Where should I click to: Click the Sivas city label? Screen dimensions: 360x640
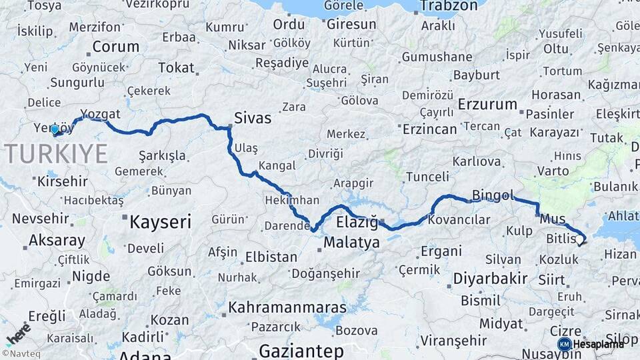click(253, 119)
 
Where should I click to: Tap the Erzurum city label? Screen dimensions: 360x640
click(487, 105)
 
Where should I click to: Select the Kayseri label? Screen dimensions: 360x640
click(160, 221)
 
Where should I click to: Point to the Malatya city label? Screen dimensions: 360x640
click(351, 242)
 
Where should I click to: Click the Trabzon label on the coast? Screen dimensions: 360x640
click(447, 6)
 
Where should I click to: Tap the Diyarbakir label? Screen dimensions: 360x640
click(490, 278)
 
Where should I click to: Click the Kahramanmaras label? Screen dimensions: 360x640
click(287, 307)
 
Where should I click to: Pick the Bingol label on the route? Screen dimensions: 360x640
click(493, 195)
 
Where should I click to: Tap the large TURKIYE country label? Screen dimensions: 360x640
click(57, 154)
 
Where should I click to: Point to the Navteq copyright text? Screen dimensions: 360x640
click(19, 354)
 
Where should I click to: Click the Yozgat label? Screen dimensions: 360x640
click(100, 113)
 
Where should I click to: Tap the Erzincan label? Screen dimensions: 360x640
click(430, 129)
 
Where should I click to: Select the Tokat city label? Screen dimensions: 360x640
click(176, 67)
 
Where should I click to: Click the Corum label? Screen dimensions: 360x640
click(116, 47)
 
